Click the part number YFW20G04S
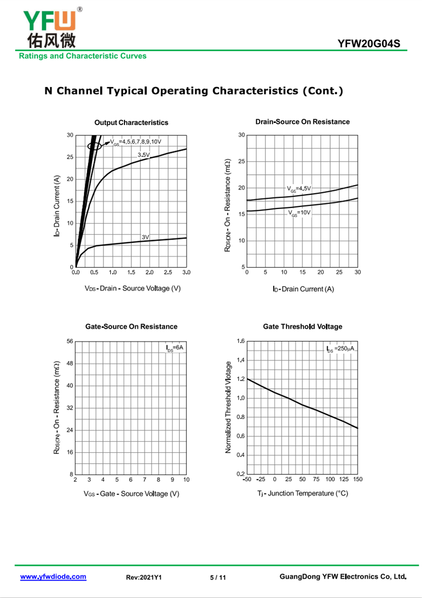369,43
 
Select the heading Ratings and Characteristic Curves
83,56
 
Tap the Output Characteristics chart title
131,122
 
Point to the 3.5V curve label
143,155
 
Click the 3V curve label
145,237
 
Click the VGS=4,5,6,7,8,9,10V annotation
136,142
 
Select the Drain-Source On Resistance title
302,122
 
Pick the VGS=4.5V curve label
299,188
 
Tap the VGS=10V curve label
299,213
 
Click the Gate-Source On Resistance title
131,327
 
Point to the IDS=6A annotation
175,348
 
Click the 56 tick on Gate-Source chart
70,341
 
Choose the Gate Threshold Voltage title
302,327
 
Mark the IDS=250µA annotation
340,348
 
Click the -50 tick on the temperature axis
247,479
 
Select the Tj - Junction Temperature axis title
302,493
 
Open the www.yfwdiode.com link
53,577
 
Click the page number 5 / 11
218,577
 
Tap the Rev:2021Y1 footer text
143,577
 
